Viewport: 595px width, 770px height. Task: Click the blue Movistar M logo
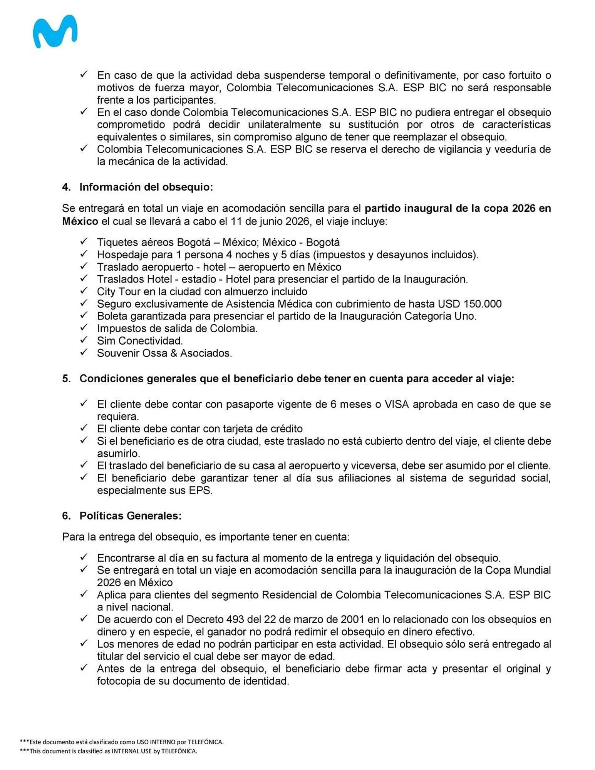[55, 32]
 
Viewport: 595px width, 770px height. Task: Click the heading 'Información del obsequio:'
[146, 187]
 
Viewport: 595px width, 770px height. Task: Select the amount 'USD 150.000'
[469, 304]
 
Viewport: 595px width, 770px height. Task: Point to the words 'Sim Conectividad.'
[140, 341]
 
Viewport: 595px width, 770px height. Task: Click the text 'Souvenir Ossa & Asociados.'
[164, 353]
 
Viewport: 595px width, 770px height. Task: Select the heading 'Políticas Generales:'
[130, 516]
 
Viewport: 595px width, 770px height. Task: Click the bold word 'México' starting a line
[80, 221]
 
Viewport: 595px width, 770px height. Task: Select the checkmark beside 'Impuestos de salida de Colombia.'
[84, 328]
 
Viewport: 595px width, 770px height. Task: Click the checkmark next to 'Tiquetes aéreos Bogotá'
[84, 241]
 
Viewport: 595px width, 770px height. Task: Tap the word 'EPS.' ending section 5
[201, 490]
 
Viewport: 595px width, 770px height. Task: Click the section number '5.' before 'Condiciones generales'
[66, 378]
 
